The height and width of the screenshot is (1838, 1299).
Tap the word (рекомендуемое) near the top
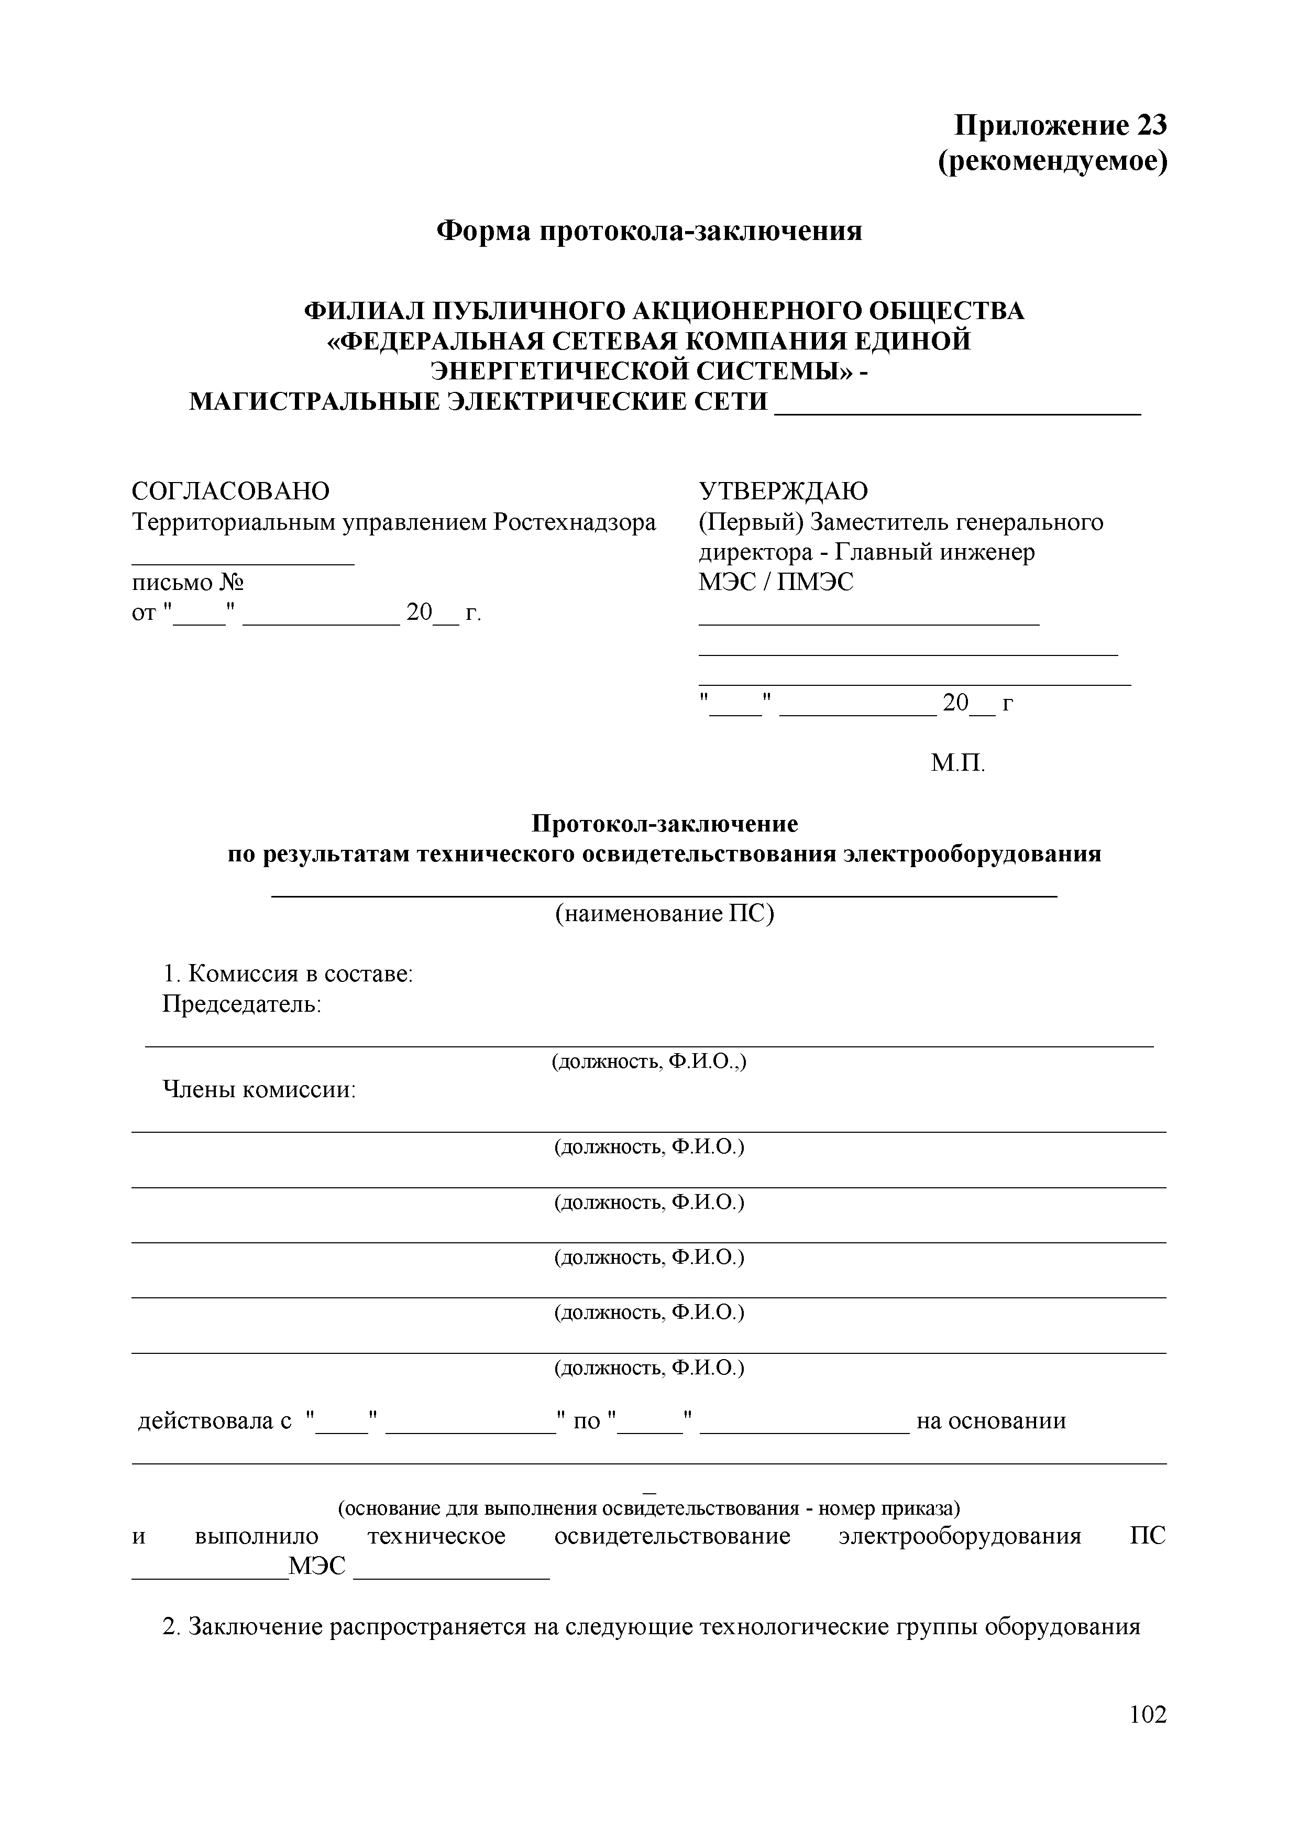tap(1052, 162)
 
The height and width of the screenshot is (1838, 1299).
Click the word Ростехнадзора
tap(574, 522)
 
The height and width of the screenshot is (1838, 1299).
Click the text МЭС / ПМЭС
tap(776, 582)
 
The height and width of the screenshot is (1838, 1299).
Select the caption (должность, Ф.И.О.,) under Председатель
tap(648, 1062)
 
